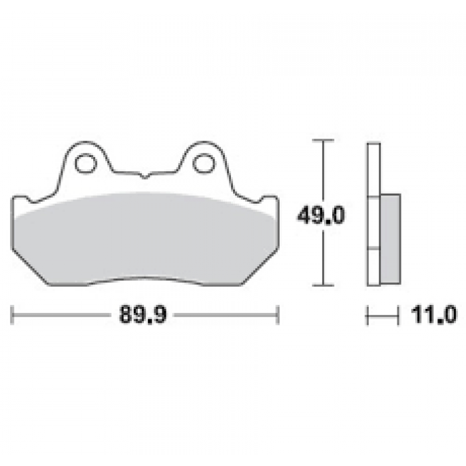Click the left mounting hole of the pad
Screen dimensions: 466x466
coord(86,164)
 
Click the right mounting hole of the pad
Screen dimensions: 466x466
coord(204,164)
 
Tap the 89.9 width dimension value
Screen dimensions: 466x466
coord(143,314)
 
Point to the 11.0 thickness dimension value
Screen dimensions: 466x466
coord(433,315)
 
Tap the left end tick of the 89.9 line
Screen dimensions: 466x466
coord(12,314)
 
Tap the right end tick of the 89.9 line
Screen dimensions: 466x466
coord(278,314)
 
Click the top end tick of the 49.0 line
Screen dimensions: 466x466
coord(323,140)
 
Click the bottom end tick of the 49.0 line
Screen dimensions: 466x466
coord(323,286)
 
